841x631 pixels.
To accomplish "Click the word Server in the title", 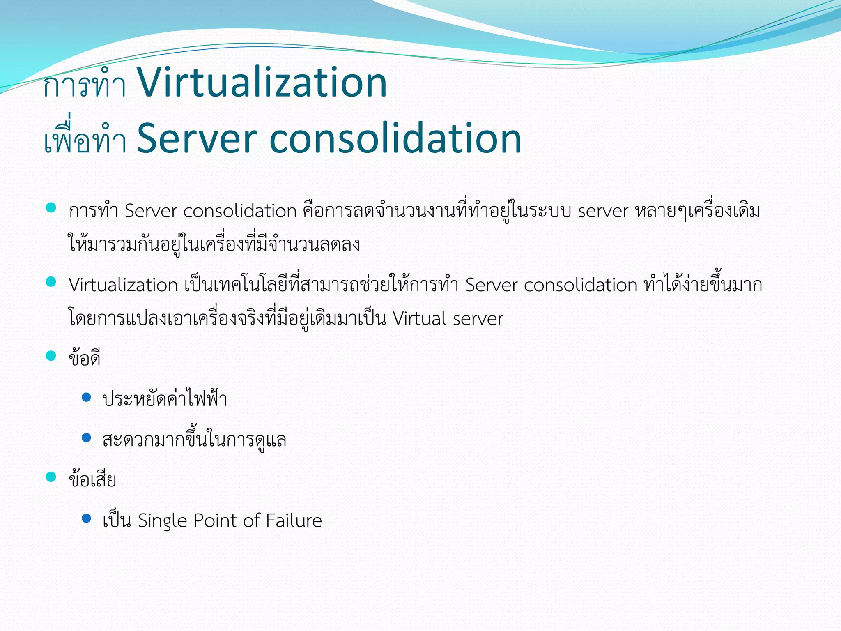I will [x=197, y=139].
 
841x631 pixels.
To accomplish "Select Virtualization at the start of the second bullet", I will [x=123, y=285].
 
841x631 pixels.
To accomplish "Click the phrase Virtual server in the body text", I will [x=448, y=319].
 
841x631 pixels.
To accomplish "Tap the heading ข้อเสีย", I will [x=92, y=479].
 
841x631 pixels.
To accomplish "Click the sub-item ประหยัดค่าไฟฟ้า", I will [x=165, y=399].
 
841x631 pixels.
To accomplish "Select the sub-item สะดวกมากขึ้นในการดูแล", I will [x=194, y=440].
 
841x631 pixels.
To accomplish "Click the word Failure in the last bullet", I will [x=294, y=520].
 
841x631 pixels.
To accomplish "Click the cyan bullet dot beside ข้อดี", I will [x=51, y=355].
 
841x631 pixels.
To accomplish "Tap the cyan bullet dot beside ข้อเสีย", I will [x=51, y=477].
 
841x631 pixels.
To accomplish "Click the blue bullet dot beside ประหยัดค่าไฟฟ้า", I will [x=86, y=397].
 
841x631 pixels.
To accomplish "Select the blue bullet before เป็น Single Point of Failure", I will [x=86, y=518].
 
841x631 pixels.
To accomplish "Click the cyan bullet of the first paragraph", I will [x=51, y=208].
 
